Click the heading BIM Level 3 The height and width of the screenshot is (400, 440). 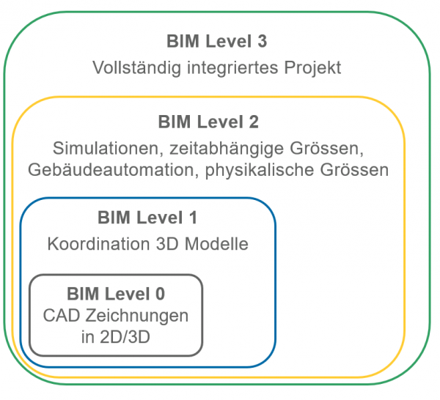[216, 41]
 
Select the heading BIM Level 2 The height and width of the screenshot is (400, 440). [208, 122]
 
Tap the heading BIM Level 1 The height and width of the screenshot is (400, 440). [147, 218]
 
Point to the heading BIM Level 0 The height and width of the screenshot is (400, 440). [116, 294]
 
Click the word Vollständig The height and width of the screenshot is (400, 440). [136, 68]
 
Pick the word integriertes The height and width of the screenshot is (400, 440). [232, 68]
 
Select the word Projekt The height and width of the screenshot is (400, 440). [312, 68]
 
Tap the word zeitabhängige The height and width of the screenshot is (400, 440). [227, 149]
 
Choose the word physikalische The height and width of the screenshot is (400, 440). [260, 170]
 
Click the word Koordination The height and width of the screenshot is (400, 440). [98, 244]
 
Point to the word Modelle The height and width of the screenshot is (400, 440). [216, 244]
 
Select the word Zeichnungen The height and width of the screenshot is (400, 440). [137, 316]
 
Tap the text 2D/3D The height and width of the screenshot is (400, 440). [125, 337]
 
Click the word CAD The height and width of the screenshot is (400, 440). [62, 316]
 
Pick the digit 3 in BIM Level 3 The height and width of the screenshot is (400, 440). [262, 41]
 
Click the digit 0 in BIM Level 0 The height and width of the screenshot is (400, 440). [160, 294]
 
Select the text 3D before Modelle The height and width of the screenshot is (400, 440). [167, 244]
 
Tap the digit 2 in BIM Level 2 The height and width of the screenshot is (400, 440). [254, 122]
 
